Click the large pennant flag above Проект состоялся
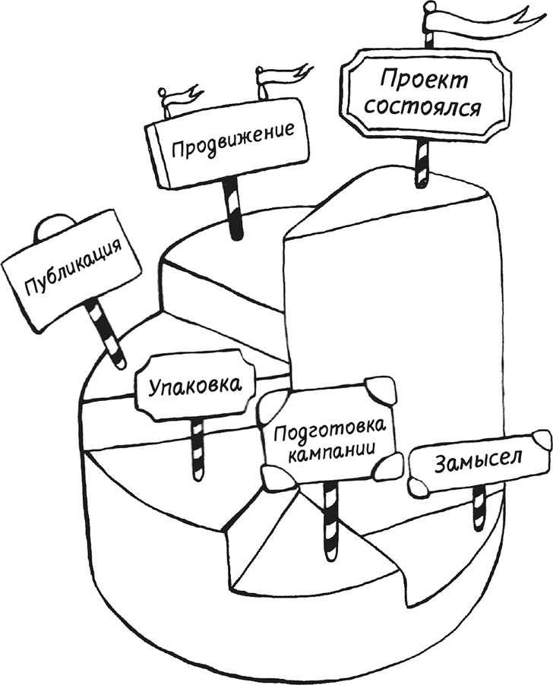coord(486,19)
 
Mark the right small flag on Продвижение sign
coord(281,76)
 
